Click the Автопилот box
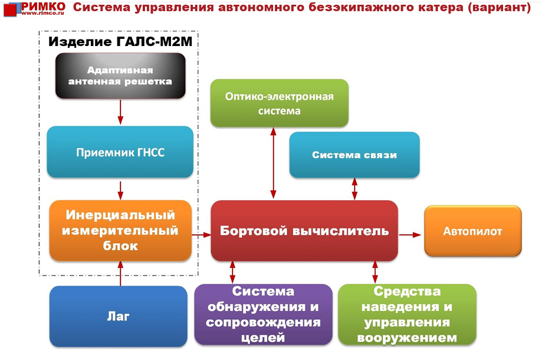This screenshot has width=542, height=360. pyautogui.click(x=472, y=231)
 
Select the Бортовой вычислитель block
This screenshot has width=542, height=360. pyautogui.click(x=304, y=231)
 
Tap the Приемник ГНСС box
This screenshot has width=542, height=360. pyautogui.click(x=120, y=152)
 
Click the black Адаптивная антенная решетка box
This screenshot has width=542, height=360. pyautogui.click(x=120, y=76)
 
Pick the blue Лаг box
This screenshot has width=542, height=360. pyautogui.click(x=119, y=316)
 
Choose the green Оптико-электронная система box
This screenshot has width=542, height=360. pyautogui.click(x=280, y=103)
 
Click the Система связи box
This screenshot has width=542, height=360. pyautogui.click(x=354, y=155)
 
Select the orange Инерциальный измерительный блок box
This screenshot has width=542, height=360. pyautogui.click(x=120, y=231)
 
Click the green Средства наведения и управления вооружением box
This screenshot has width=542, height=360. pyautogui.click(x=407, y=315)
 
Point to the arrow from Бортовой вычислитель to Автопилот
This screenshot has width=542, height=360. pyautogui.click(x=410, y=235)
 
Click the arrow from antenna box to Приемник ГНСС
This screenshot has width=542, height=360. pyautogui.click(x=120, y=112)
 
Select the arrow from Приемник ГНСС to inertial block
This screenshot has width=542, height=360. pyautogui.click(x=120, y=189)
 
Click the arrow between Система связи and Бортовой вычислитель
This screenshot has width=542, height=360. pyautogui.click(x=354, y=189)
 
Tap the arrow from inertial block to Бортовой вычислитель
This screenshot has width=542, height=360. pyautogui.click(x=201, y=235)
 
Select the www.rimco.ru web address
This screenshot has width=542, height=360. pyautogui.click(x=42, y=14)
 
